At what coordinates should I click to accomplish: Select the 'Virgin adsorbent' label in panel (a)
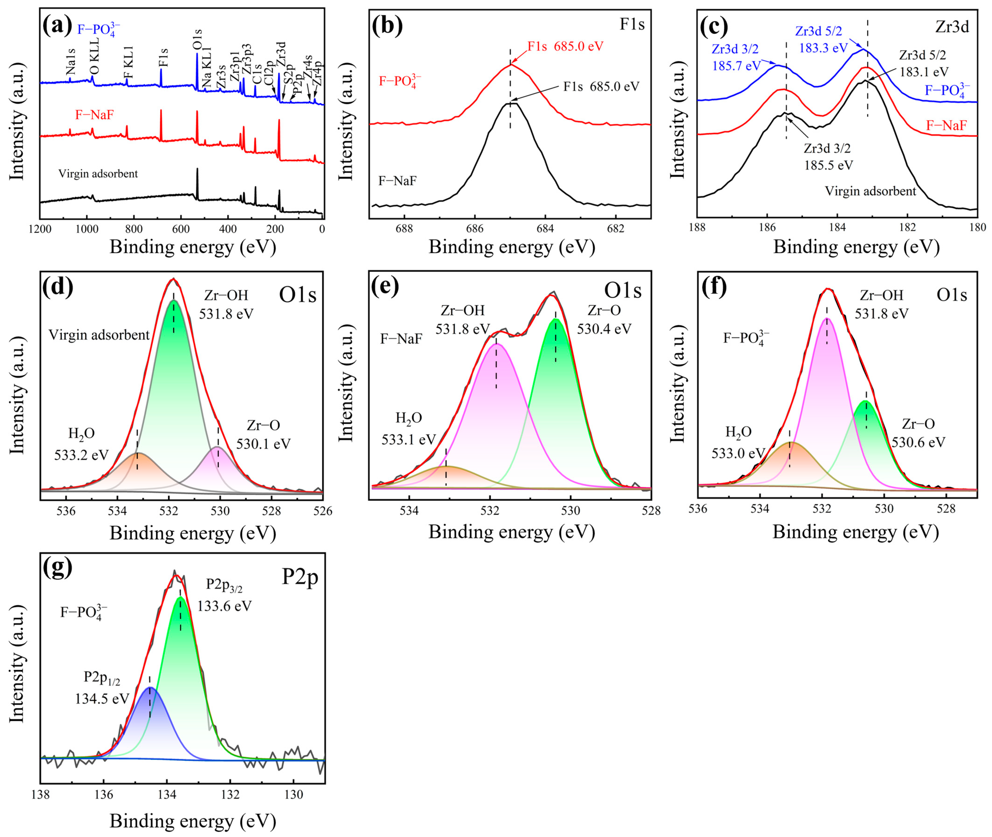point(98,174)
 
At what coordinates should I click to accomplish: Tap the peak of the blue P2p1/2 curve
point(150,687)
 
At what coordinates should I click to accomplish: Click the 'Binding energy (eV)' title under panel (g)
point(193,820)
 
